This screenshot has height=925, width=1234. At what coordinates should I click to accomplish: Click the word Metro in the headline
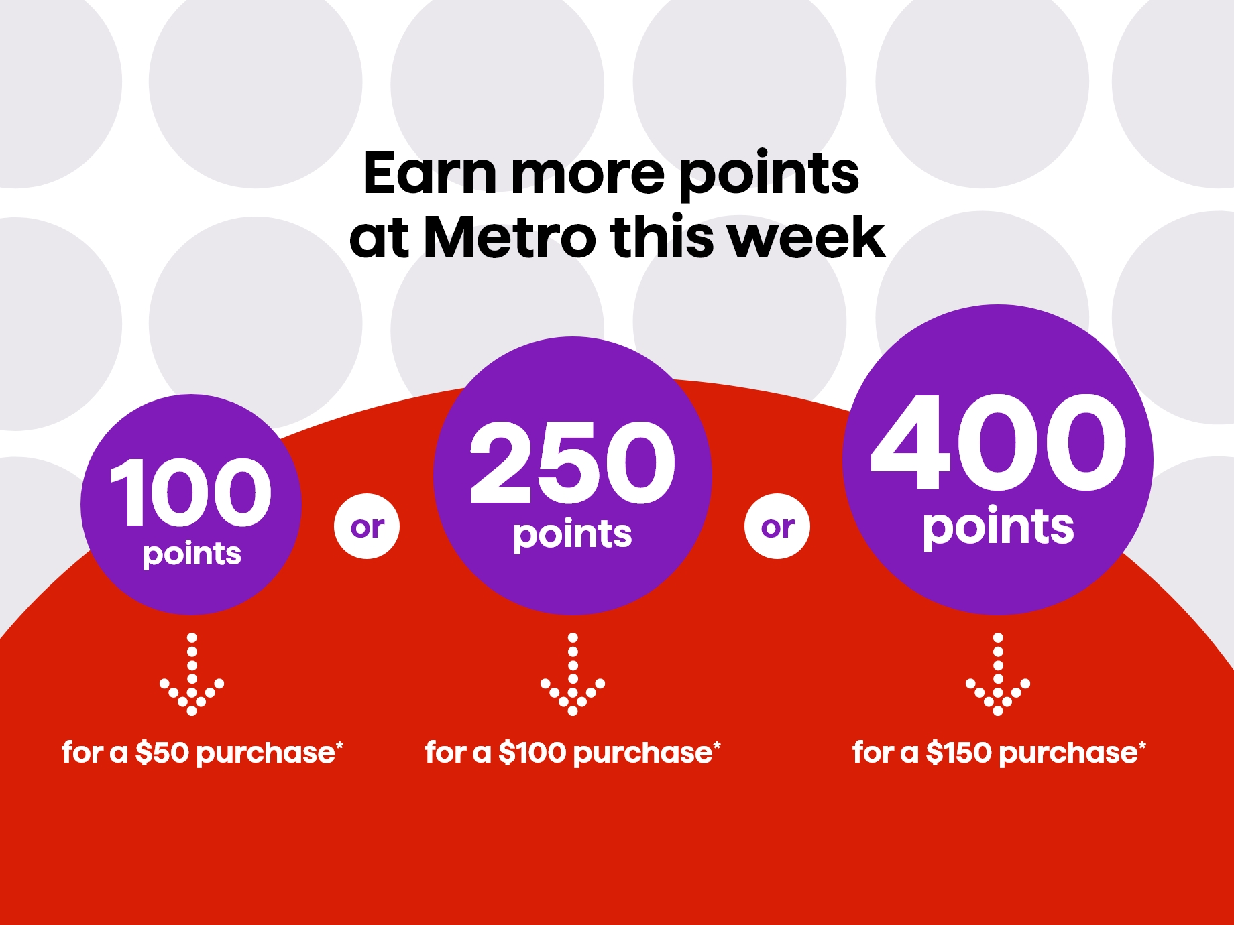(x=510, y=237)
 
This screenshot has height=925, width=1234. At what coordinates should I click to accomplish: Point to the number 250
(x=573, y=462)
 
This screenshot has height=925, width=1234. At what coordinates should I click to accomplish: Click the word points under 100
(x=192, y=554)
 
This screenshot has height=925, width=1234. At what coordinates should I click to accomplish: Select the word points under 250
(x=573, y=535)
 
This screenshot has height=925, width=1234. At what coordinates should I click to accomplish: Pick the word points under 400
(x=998, y=528)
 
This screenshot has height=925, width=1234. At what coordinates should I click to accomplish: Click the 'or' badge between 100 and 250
(x=367, y=527)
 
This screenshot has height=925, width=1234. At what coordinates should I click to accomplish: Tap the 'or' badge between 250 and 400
(x=777, y=527)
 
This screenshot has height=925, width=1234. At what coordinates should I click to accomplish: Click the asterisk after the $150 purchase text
(x=1142, y=745)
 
